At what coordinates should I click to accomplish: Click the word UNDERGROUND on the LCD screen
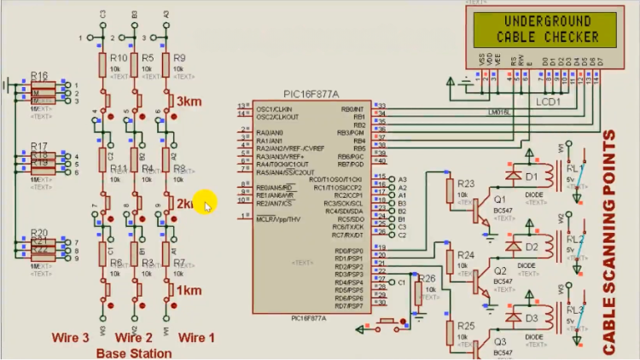(536, 21)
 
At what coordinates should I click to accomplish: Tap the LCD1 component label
(548, 101)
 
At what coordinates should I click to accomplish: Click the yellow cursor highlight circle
(205, 203)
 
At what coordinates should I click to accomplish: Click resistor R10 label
(119, 58)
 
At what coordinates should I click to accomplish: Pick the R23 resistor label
(465, 183)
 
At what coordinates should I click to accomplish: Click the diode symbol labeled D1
(514, 176)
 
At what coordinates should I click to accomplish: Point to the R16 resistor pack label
(39, 76)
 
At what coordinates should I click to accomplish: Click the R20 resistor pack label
(39, 233)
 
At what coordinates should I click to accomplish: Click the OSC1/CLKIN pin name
(273, 109)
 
